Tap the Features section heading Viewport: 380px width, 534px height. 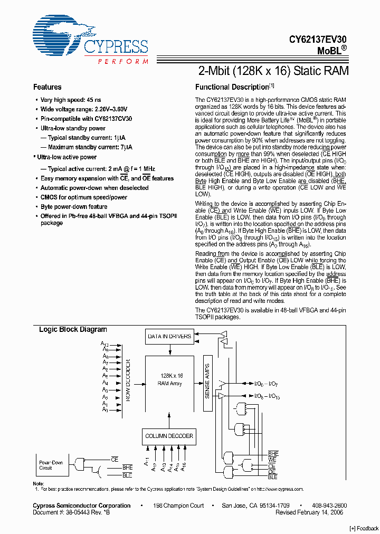(47, 87)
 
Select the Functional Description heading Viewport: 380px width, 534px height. (232, 87)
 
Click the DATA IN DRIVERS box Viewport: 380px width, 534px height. (169, 336)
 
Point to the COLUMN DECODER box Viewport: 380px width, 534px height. (169, 436)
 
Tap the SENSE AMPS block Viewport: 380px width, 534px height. (207, 380)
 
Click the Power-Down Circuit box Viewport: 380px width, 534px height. (52, 465)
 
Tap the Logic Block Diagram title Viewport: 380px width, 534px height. (73, 329)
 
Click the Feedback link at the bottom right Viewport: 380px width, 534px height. (364, 528)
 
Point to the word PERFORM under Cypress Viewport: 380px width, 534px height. (123, 62)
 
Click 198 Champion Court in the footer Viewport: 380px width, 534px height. (178, 506)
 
